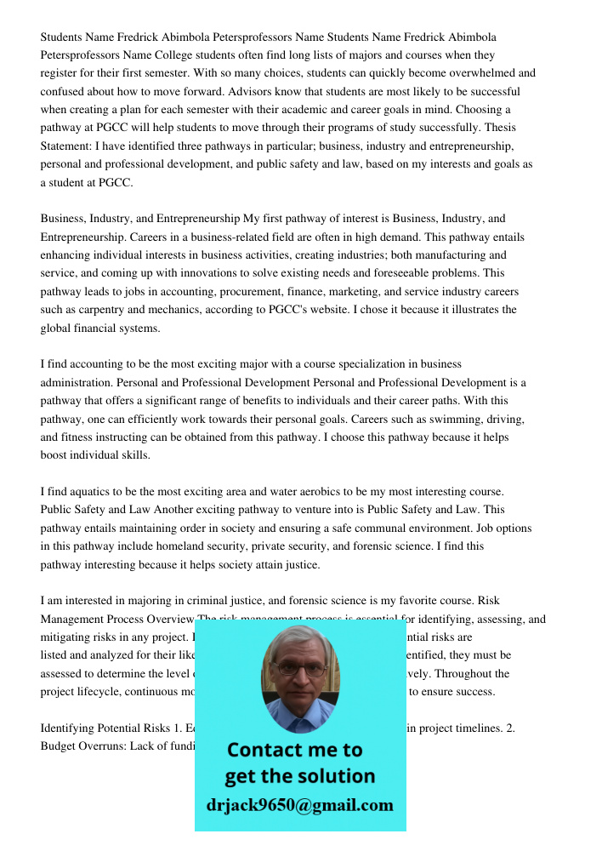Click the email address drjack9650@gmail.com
(x=299, y=805)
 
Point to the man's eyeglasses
(x=299, y=669)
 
